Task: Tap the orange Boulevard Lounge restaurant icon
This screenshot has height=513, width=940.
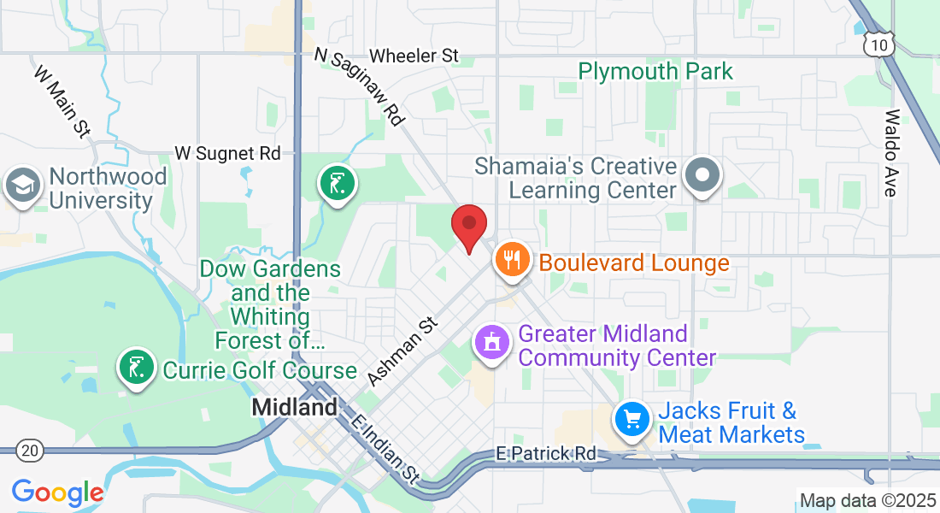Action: coord(512,259)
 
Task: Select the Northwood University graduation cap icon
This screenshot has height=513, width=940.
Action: coord(21,185)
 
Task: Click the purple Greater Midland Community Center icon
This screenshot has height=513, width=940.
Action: coord(491,343)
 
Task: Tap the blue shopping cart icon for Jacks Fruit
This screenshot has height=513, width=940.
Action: coord(632,419)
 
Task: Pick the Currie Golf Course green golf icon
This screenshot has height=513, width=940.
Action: coord(136,368)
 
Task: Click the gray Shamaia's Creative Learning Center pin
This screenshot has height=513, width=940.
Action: coord(702,175)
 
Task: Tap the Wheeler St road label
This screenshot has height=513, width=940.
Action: coord(414,56)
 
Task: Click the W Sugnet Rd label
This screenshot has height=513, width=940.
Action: coord(227,153)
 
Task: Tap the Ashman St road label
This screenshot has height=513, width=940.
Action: coord(402,351)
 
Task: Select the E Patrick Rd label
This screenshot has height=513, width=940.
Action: coord(546,453)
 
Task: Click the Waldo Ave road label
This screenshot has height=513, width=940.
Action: coord(891,153)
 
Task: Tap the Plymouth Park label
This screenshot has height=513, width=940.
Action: coord(655,71)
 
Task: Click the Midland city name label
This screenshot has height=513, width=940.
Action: coord(294,408)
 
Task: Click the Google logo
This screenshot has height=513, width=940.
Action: coord(57,492)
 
